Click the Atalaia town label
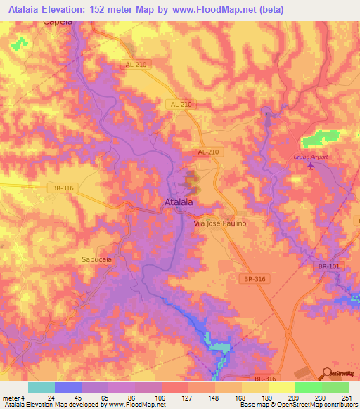click(179, 202)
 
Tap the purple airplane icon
click(311, 165)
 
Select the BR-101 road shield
click(328, 266)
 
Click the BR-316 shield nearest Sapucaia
click(63, 188)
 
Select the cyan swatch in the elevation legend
click(41, 387)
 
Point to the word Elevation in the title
click(72, 10)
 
